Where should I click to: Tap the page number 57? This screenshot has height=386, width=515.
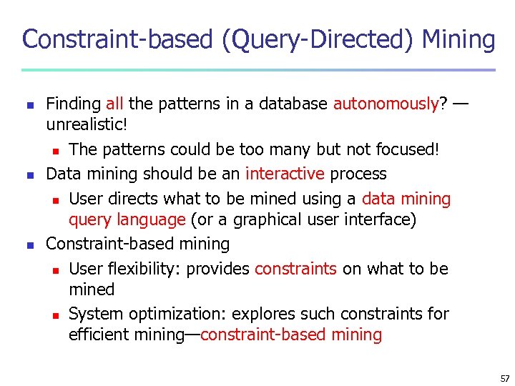coord(505,378)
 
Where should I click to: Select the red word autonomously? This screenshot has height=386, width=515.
coord(386,104)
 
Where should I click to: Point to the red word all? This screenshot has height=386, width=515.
coord(114,104)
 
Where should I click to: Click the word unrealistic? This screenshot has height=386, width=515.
coord(87,124)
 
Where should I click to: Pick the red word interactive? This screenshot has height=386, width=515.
coord(285,174)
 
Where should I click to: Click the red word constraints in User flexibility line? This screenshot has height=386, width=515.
coord(295,269)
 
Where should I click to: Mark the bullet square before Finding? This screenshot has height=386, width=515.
coord(29,104)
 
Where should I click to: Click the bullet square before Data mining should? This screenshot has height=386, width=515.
coord(29,174)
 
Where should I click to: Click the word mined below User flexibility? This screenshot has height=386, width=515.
coord(92,289)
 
